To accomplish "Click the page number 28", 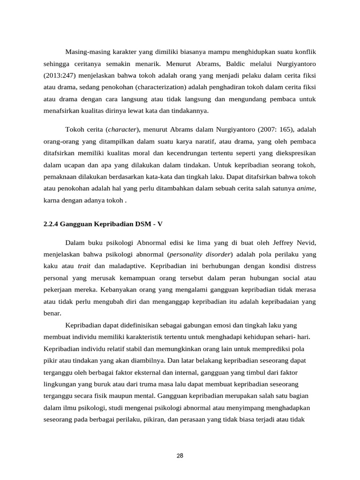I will pyautogui.click(x=180, y=456).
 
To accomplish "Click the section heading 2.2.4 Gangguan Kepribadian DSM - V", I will pyautogui.click(x=103, y=224).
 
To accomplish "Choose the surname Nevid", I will pyautogui.click(x=305, y=242).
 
